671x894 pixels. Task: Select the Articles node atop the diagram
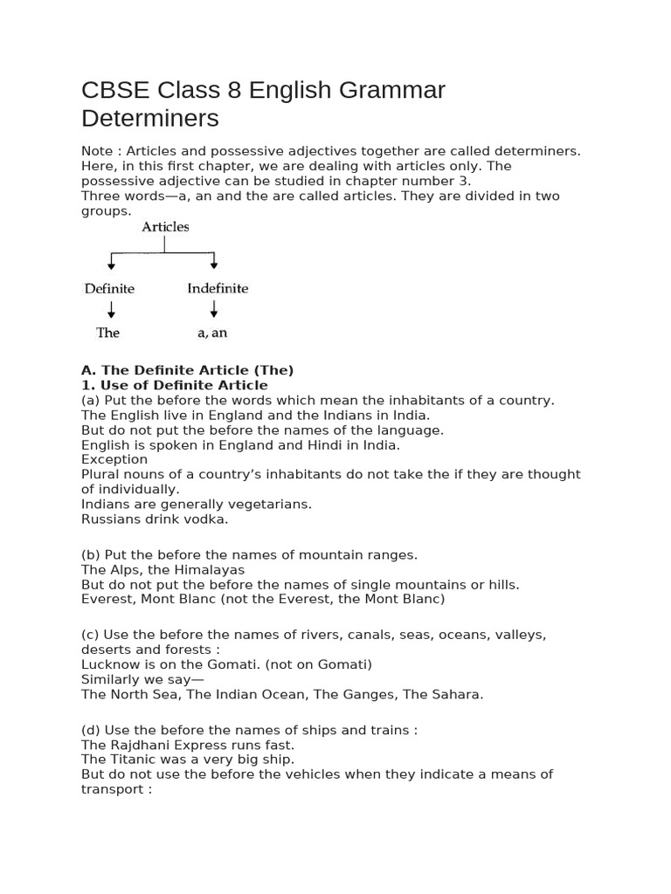165,227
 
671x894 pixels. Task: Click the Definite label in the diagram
109,288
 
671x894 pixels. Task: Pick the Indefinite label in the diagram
218,288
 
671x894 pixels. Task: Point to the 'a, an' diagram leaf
212,333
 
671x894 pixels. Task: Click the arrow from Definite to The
110,309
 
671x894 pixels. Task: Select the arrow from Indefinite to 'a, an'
214,309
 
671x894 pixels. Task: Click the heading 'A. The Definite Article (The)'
187,370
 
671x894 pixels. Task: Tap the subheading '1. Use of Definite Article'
174,385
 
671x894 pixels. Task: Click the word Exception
114,459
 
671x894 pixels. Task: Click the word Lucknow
110,664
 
